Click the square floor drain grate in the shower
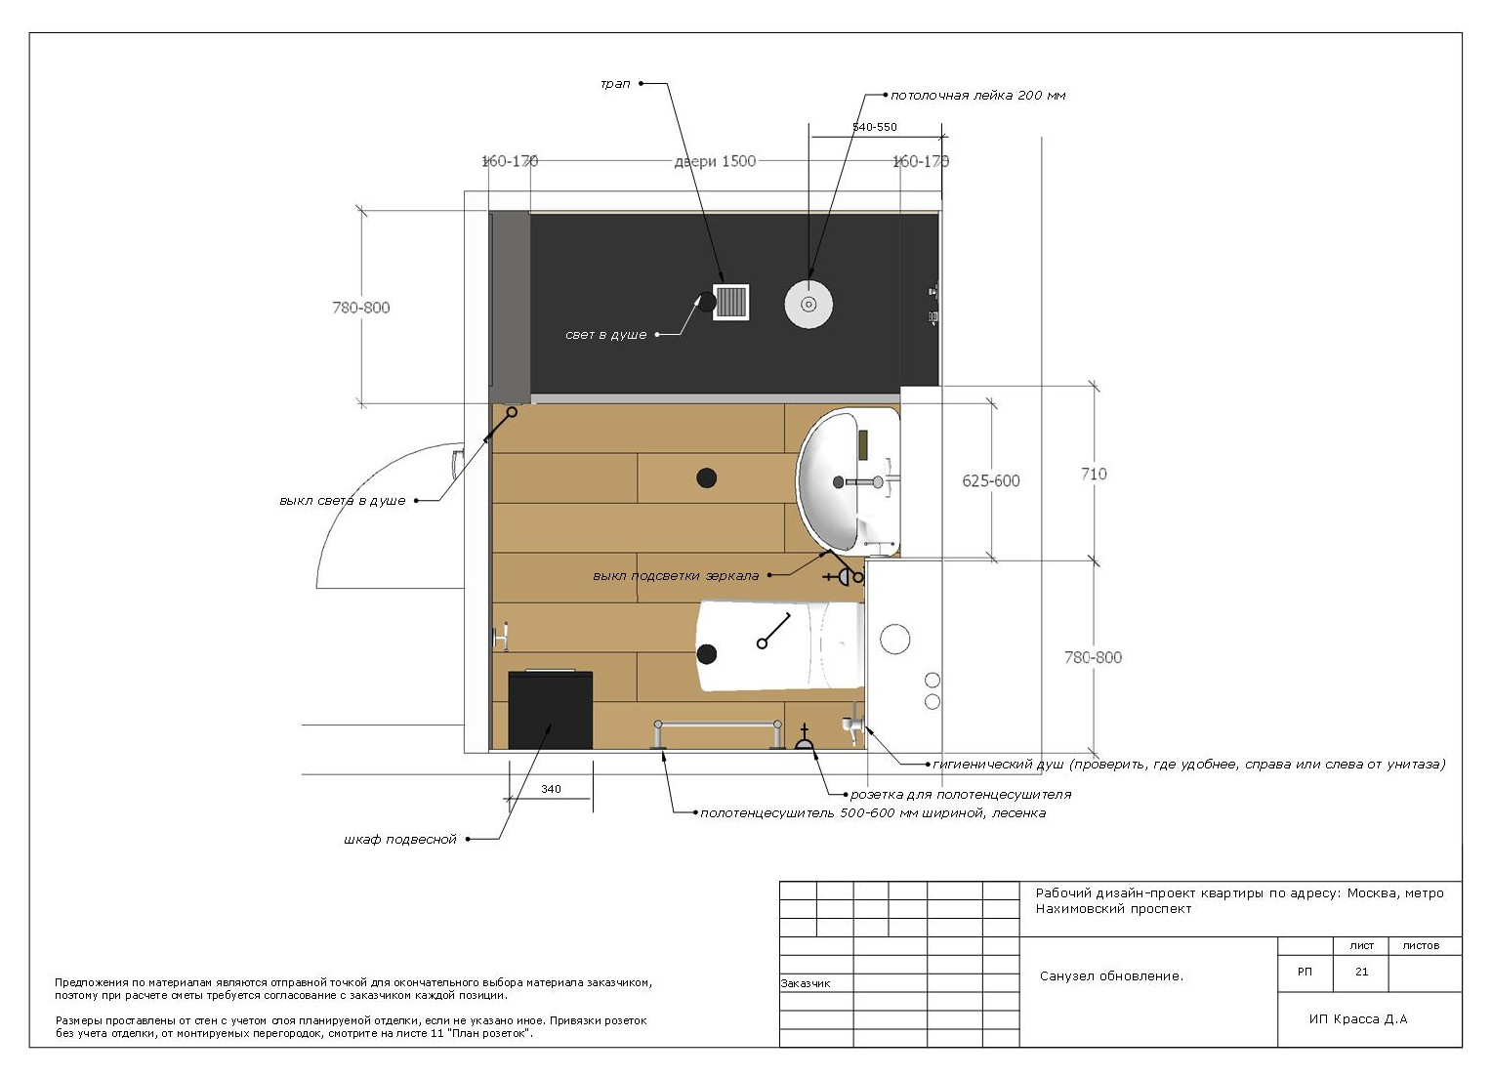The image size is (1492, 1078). coord(730,303)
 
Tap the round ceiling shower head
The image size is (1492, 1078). coord(808,304)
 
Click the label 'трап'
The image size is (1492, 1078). coord(615,84)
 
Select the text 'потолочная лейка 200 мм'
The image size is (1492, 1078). coord(977,96)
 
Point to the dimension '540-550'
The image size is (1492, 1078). coord(875,127)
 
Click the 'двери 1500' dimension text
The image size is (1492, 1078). coord(715,161)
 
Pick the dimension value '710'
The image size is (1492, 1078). coord(1094,474)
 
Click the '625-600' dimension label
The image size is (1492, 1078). coord(991,481)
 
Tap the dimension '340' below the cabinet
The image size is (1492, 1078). coord(551,789)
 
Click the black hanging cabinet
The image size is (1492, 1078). coord(550,710)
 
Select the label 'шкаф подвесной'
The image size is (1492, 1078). coord(400,840)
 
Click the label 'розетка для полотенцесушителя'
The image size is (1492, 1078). coord(961,794)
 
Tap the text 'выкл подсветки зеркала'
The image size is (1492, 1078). coord(676,576)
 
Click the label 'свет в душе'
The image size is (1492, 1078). coord(605,335)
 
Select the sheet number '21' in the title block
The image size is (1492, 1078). coord(1361,972)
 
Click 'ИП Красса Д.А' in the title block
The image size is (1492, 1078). coord(1358,1018)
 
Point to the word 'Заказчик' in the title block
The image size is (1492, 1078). coord(806,983)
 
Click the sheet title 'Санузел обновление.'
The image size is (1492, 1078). coord(1111,976)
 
